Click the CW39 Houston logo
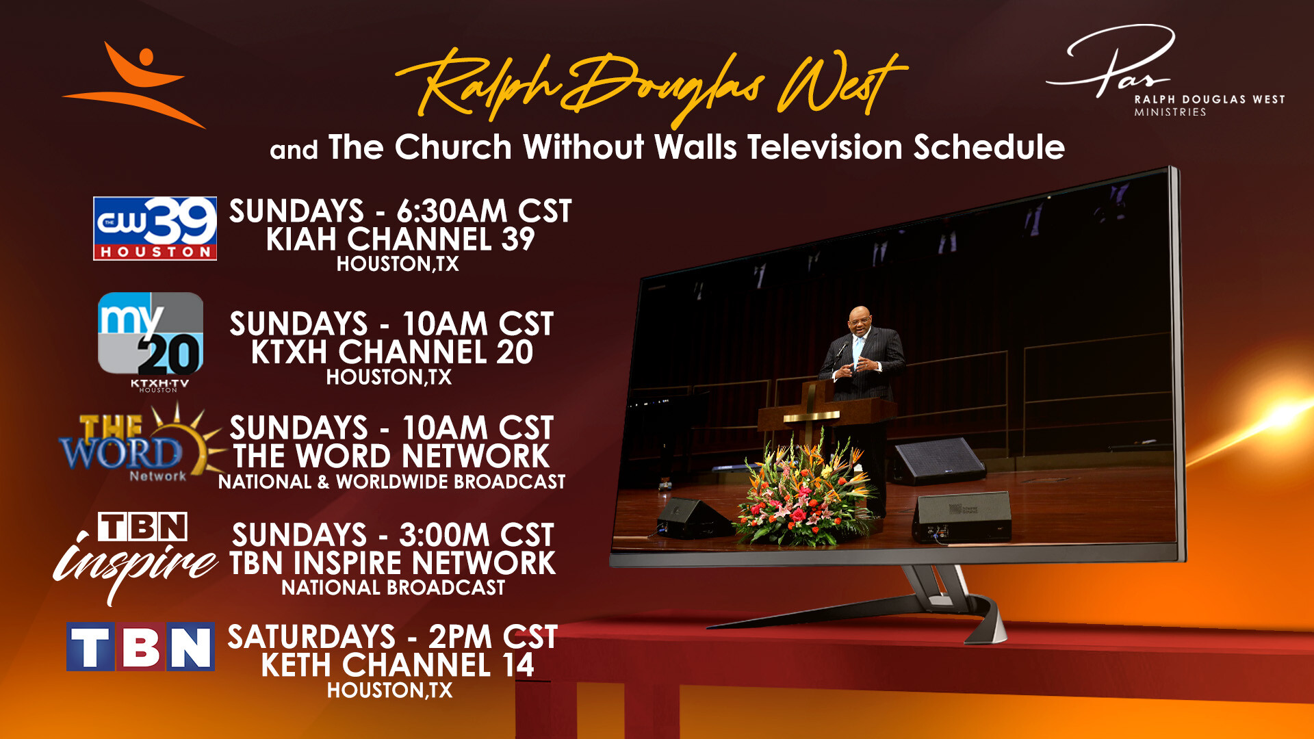pyautogui.click(x=155, y=229)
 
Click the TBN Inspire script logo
pyautogui.click(x=136, y=557)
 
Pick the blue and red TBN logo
pyautogui.click(x=140, y=647)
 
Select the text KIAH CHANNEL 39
pyautogui.click(x=400, y=239)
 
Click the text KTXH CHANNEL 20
pyautogui.click(x=391, y=352)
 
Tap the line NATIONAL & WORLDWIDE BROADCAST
pyautogui.click(x=391, y=482)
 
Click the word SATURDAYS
pyautogui.click(x=311, y=637)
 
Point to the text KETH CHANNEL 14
pyautogui.click(x=397, y=665)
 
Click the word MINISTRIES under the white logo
pyautogui.click(x=1170, y=112)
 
